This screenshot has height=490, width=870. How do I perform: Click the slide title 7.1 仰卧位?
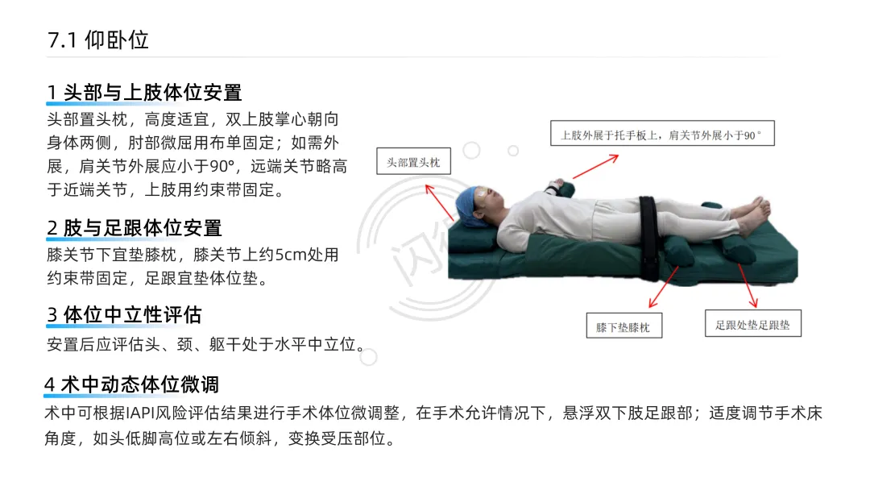98,40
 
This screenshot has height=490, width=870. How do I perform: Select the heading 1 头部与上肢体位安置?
144,92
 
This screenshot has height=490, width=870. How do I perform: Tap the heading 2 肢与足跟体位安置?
135,227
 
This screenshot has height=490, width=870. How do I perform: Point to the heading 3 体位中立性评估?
124,314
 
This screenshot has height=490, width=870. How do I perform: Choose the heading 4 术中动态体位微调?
131,384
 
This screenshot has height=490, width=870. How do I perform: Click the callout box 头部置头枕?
413,161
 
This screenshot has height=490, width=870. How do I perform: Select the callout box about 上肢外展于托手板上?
662,134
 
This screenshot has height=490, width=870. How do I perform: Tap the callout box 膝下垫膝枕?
623,326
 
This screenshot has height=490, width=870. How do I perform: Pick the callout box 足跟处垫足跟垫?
753,323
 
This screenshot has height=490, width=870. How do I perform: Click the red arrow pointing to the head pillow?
440,202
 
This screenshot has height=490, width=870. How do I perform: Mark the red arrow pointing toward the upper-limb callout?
595,167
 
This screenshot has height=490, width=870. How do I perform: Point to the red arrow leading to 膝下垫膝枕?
664,287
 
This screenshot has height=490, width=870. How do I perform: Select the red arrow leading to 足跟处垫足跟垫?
748,285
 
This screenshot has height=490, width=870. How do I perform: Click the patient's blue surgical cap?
469,206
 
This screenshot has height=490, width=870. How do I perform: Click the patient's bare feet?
752,213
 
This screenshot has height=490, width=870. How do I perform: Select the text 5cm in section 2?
291,255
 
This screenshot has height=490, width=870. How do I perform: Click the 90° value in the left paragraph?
222,167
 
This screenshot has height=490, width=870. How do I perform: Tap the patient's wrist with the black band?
551,188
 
